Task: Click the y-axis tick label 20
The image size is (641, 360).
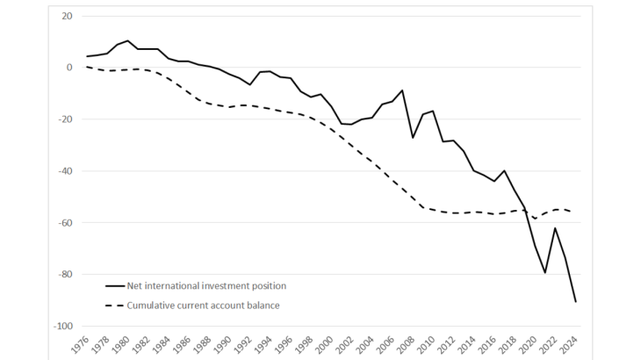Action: (67, 16)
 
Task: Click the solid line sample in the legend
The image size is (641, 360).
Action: (115, 285)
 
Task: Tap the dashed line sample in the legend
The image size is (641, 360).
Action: (115, 306)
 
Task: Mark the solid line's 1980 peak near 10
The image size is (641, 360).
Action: (128, 40)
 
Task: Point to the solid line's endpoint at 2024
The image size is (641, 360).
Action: (575, 302)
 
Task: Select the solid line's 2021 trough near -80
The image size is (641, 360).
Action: (544, 272)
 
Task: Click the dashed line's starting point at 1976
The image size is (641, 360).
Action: (87, 67)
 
